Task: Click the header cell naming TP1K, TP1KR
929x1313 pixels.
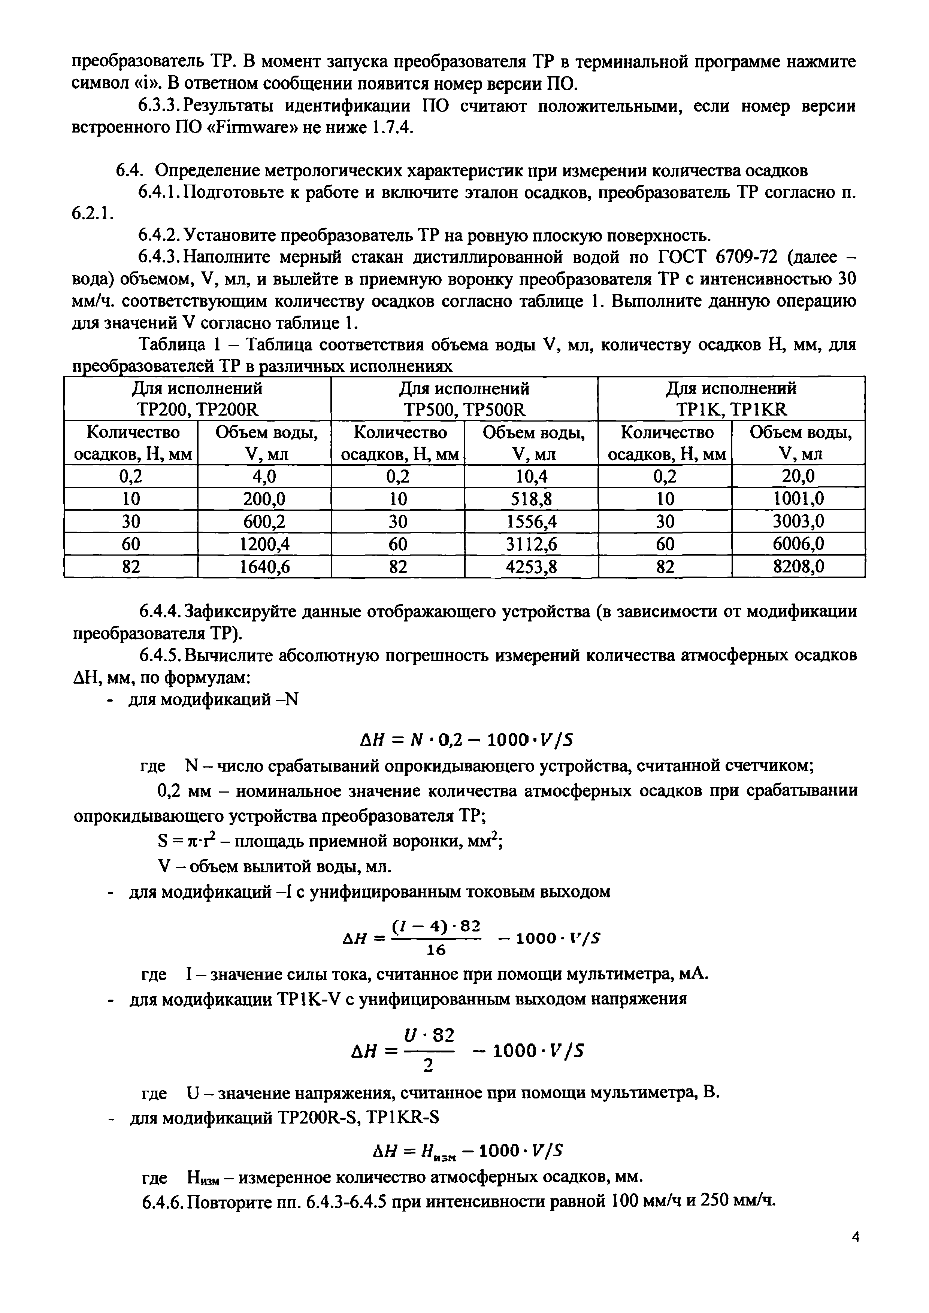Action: point(731,399)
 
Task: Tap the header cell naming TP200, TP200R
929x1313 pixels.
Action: point(197,399)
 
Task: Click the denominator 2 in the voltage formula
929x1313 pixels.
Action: point(429,1064)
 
